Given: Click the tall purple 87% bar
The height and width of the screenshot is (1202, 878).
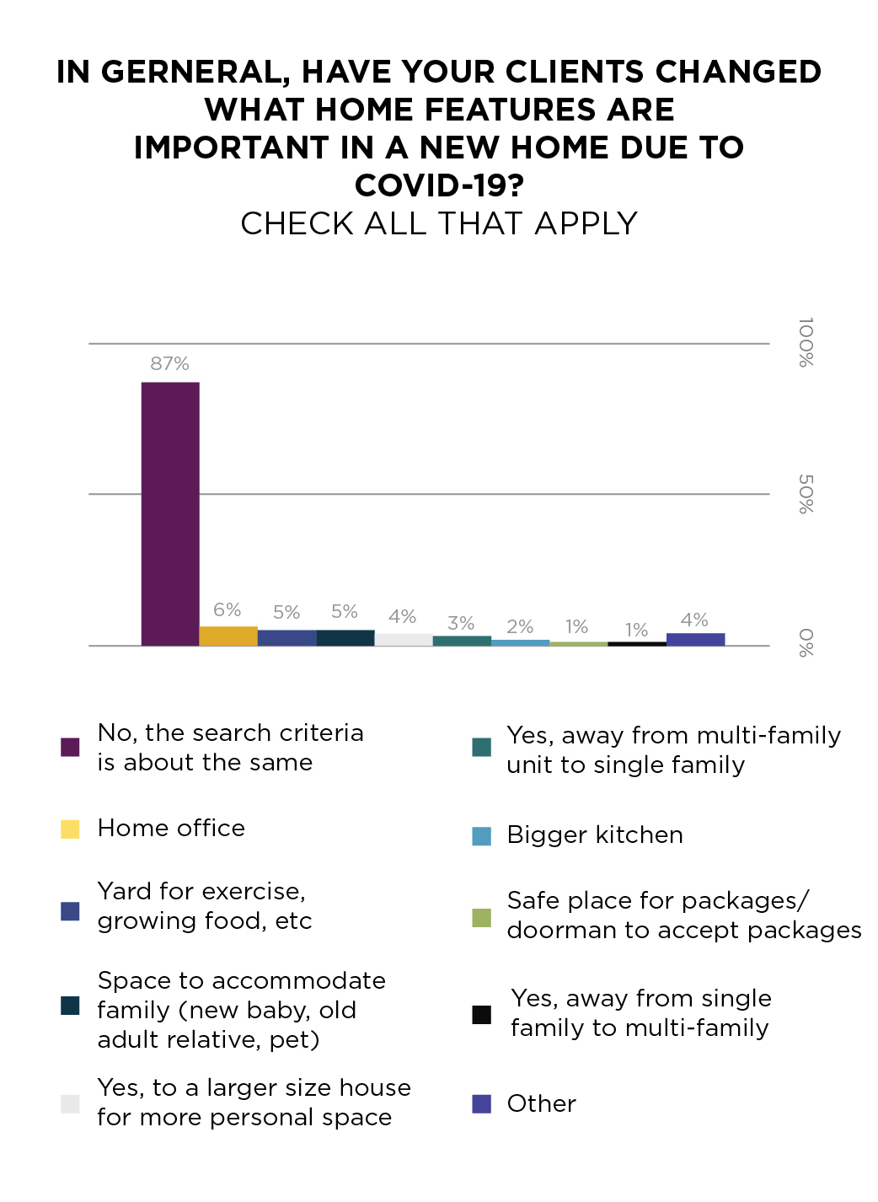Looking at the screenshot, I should coord(170,514).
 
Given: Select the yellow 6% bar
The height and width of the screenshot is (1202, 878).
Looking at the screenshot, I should coord(228,636).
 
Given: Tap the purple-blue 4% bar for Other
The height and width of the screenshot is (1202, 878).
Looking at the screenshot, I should coord(695,640).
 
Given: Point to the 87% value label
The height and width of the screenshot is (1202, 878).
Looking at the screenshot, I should coord(169,364).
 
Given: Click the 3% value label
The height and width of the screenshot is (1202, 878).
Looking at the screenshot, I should coord(461,624).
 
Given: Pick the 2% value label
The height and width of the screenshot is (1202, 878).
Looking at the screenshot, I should coord(520,627).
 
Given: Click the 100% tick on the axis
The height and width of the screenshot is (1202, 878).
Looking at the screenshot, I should coord(806,342).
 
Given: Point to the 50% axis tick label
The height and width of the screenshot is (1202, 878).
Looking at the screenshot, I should coord(806,494).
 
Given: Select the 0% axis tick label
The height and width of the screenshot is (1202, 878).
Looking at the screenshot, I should coord(806,643).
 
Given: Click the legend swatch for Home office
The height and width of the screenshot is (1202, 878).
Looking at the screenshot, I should coord(70,829).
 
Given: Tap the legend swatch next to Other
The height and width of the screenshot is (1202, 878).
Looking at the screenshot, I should coord(481,1104).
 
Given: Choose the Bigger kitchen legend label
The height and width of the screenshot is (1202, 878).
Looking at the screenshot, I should coord(595,835).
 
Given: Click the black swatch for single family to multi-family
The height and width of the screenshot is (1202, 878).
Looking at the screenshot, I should coord(481,1015).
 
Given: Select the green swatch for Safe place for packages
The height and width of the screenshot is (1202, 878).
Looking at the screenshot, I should coord(481,918).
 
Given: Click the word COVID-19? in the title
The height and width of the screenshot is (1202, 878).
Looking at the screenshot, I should coord(439,185).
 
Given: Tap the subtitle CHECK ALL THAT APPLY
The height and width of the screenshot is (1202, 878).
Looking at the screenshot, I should coord(439,224).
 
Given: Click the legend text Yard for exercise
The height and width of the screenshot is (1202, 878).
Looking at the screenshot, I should coord(201,892).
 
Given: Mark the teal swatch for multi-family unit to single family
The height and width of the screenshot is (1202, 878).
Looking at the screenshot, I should coord(481,748).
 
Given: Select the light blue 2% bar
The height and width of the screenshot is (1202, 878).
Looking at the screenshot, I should coord(520,642).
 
